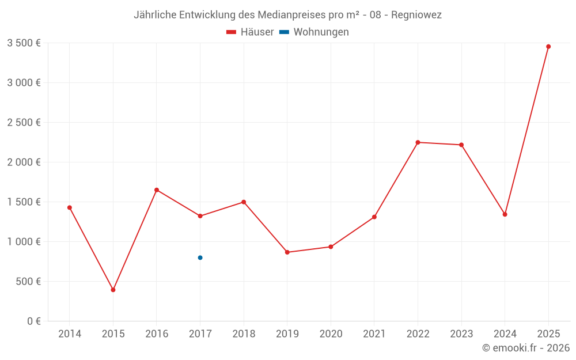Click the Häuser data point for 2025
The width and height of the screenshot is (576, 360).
pyautogui.click(x=548, y=47)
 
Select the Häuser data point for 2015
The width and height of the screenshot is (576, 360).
pyautogui.click(x=113, y=290)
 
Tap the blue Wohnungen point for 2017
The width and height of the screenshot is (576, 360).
pyautogui.click(x=200, y=257)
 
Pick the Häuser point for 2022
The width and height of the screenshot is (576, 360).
pyautogui.click(x=418, y=142)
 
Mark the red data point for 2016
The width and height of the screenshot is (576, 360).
pyautogui.click(x=157, y=190)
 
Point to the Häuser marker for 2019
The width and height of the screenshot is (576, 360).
pyautogui.click(x=287, y=252)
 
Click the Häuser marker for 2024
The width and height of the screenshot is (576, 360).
pyautogui.click(x=505, y=214)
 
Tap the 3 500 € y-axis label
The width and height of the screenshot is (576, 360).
pyautogui.click(x=24, y=43)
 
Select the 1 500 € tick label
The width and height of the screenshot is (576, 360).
pyautogui.click(x=24, y=202)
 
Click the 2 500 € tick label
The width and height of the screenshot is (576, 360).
pyautogui.click(x=24, y=122)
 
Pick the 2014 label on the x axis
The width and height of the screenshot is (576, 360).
pyautogui.click(x=70, y=334)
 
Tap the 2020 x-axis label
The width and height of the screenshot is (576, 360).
pyautogui.click(x=331, y=334)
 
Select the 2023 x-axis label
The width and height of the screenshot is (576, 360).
pyautogui.click(x=461, y=334)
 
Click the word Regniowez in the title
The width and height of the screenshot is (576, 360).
pyautogui.click(x=416, y=15)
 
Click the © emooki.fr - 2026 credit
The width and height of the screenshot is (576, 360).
pyautogui.click(x=526, y=348)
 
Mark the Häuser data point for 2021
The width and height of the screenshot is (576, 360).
pyautogui.click(x=374, y=217)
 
